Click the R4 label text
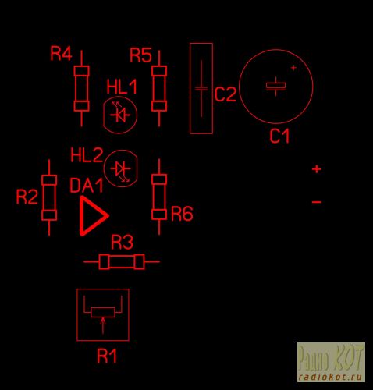pyautogui.click(x=61, y=54)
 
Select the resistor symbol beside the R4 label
pyautogui.click(x=82, y=88)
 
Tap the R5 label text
pyautogui.click(x=140, y=55)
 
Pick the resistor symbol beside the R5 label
pyautogui.click(x=159, y=88)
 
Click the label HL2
pyautogui.click(x=87, y=155)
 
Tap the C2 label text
pyautogui.click(x=226, y=94)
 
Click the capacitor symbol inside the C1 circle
pyautogui.click(x=275, y=87)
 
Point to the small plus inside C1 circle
pyautogui.click(x=293, y=68)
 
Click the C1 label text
pyautogui.click(x=279, y=136)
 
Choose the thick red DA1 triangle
pyautogui.click(x=94, y=216)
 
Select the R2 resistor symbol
pyautogui.click(x=49, y=198)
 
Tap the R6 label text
pyautogui.click(x=182, y=214)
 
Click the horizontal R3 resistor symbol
pyautogui.click(x=122, y=262)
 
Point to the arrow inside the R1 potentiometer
pyautogui.click(x=103, y=325)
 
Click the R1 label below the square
pyautogui.click(x=107, y=356)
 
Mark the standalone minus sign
pyautogui.click(x=317, y=202)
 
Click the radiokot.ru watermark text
pyautogui.click(x=331, y=377)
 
